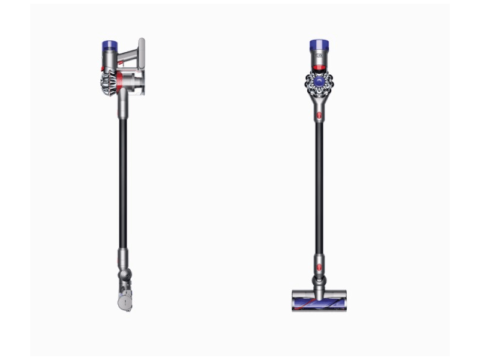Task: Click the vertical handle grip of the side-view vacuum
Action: coord(142,54)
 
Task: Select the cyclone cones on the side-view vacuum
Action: coord(109,85)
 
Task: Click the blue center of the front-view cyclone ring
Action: coord(319,83)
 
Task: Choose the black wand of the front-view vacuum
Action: coord(319,180)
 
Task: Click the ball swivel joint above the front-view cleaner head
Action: coord(319,281)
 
